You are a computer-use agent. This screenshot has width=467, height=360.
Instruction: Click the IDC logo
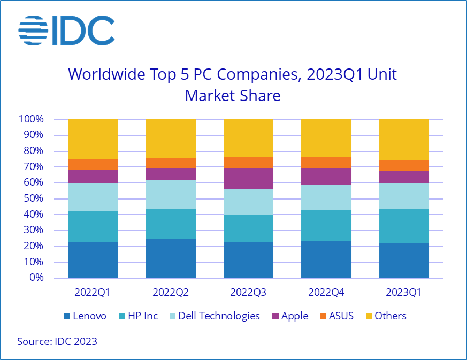point(66,30)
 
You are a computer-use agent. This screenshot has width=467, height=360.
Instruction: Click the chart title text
point(233,85)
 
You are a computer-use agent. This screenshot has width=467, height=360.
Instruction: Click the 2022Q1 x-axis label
point(93,293)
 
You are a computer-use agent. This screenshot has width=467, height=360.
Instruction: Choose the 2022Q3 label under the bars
point(248,293)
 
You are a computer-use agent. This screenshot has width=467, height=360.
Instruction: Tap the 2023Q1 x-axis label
point(404,293)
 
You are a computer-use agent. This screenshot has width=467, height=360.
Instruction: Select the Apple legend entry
point(289,316)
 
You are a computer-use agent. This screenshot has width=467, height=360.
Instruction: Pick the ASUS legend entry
point(335,316)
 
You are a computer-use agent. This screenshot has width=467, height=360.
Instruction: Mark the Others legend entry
point(384,316)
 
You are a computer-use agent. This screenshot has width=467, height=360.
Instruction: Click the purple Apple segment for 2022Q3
point(248,179)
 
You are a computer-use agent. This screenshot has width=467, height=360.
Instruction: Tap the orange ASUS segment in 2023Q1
point(404,166)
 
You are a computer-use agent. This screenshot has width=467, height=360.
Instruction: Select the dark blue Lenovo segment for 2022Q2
point(171,258)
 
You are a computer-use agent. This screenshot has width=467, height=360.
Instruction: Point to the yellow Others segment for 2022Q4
point(326,138)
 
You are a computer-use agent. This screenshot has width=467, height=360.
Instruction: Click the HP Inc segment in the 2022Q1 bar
point(93,226)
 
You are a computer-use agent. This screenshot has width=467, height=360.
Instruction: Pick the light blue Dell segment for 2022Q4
point(326,197)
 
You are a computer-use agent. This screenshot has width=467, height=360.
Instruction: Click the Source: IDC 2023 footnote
point(57,341)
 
